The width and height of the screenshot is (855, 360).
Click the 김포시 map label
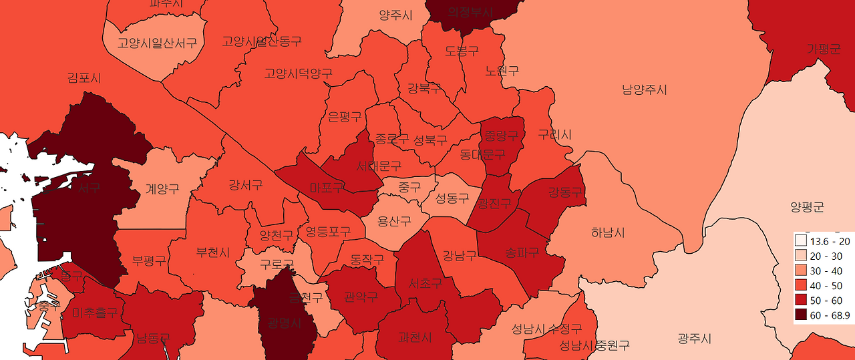pos(84,78)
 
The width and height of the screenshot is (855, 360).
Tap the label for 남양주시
pos(645,89)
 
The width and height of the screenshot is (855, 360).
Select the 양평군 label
pos(807,207)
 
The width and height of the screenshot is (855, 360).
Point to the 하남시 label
pos(608,232)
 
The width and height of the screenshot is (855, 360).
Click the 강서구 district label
pos(245,184)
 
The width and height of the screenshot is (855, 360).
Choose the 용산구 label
pos(394,220)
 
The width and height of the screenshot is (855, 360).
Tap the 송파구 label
pos(522,252)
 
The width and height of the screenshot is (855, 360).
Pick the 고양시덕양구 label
pos(298,73)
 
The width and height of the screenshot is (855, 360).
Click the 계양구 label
pos(162,189)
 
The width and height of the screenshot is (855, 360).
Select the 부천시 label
pos(212,252)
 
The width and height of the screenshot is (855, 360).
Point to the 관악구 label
pos(361,296)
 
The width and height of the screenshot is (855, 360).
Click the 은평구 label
pos(345,117)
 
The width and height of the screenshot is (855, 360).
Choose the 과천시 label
pos(415,337)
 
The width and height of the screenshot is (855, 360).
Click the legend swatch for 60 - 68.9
pos(801,315)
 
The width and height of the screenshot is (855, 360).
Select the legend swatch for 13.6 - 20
pos(801,240)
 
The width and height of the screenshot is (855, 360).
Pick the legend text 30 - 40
pos(826,271)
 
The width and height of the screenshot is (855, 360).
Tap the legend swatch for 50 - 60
pos(801,301)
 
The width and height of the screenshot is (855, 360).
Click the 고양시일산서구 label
pos(157,43)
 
